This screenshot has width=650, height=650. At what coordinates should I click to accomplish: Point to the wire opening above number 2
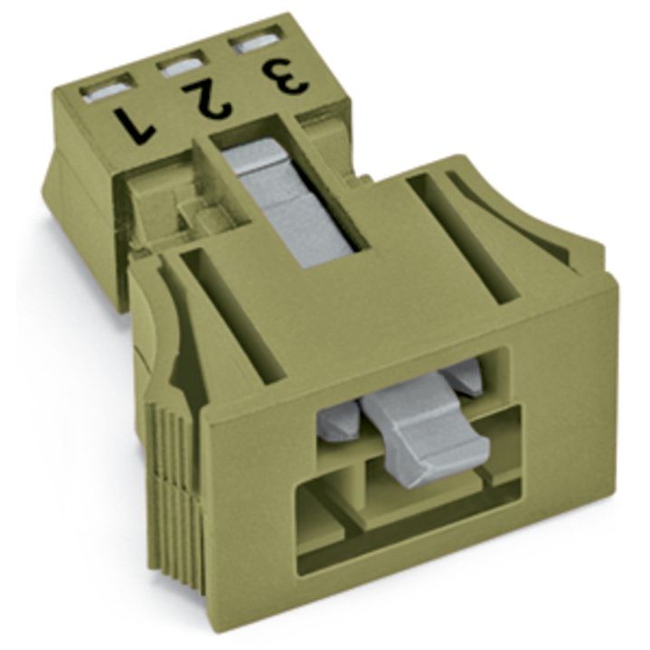(182, 65)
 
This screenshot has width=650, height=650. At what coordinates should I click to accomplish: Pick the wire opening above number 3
(257, 43)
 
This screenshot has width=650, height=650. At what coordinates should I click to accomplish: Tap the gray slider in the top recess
(290, 207)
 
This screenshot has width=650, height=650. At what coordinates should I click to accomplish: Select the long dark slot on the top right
(464, 237)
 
